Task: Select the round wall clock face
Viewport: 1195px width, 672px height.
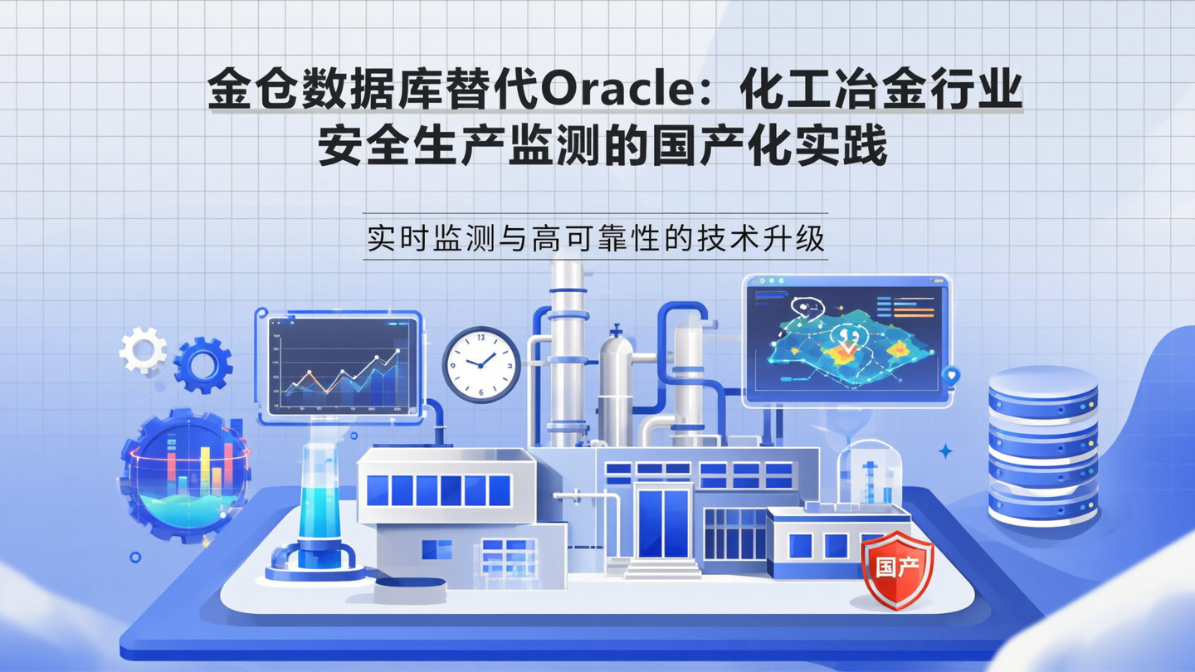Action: [x=481, y=364]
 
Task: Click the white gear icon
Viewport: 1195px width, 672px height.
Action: [x=143, y=350]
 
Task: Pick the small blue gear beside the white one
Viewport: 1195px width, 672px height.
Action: [x=202, y=365]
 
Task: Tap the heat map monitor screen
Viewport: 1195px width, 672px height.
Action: [x=846, y=339]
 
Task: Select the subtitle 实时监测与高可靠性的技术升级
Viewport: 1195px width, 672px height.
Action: [x=595, y=237]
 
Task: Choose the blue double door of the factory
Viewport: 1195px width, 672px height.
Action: [x=663, y=523]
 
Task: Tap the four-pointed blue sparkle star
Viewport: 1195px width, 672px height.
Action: [x=944, y=451]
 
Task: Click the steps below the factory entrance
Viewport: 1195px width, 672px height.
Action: [x=662, y=569]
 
